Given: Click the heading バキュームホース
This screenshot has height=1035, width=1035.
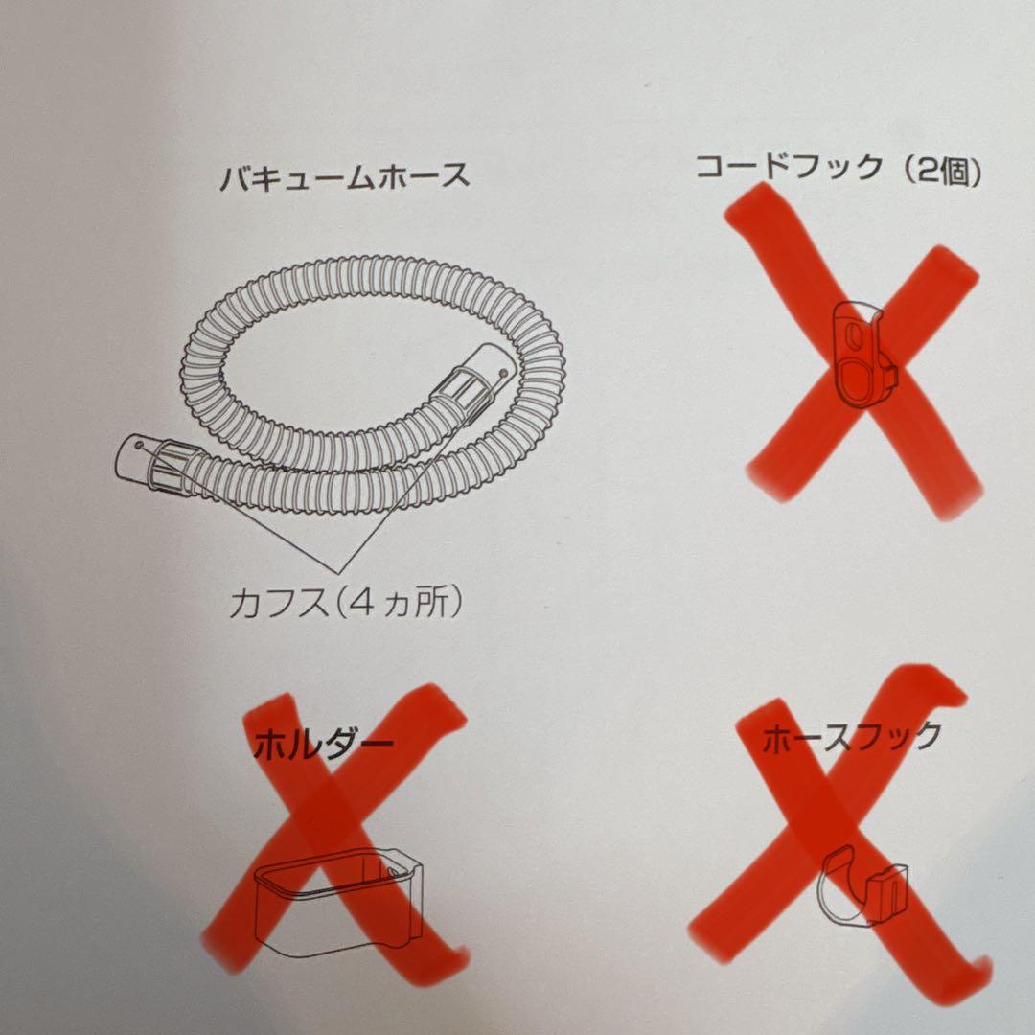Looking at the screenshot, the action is [345, 177].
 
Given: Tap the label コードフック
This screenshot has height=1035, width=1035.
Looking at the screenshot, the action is [790, 166].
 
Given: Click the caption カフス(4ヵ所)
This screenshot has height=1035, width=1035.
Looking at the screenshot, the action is [345, 602].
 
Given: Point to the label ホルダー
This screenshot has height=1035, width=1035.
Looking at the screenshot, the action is [324, 746].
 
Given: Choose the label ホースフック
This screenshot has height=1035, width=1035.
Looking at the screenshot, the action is [852, 737].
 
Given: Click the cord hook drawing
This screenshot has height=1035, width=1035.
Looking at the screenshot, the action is [864, 353].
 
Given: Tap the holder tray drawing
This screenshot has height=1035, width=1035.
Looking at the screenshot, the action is [338, 901].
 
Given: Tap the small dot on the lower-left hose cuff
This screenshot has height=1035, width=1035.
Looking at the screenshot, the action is [137, 445].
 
